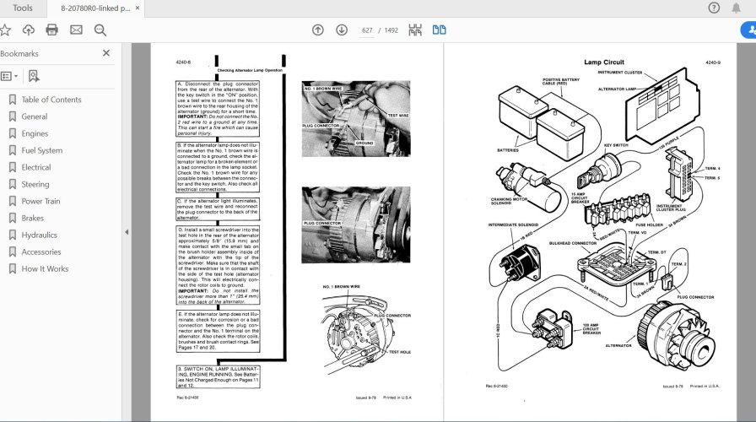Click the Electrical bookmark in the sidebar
[x=36, y=167]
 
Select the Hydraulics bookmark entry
[x=39, y=235]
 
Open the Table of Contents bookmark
[x=51, y=100]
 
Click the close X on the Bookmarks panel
[x=106, y=53]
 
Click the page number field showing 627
[x=368, y=30]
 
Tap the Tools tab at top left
[x=23, y=8]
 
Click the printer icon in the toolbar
[x=51, y=30]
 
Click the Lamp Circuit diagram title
[x=605, y=62]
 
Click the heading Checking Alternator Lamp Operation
[x=250, y=70]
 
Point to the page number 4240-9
[x=713, y=62]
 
